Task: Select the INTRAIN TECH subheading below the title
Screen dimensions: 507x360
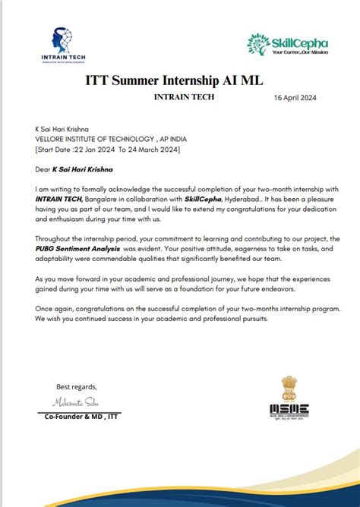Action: point(184,97)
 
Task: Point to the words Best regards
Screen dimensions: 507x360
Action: point(68,388)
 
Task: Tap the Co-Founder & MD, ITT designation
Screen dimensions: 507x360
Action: point(80,416)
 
